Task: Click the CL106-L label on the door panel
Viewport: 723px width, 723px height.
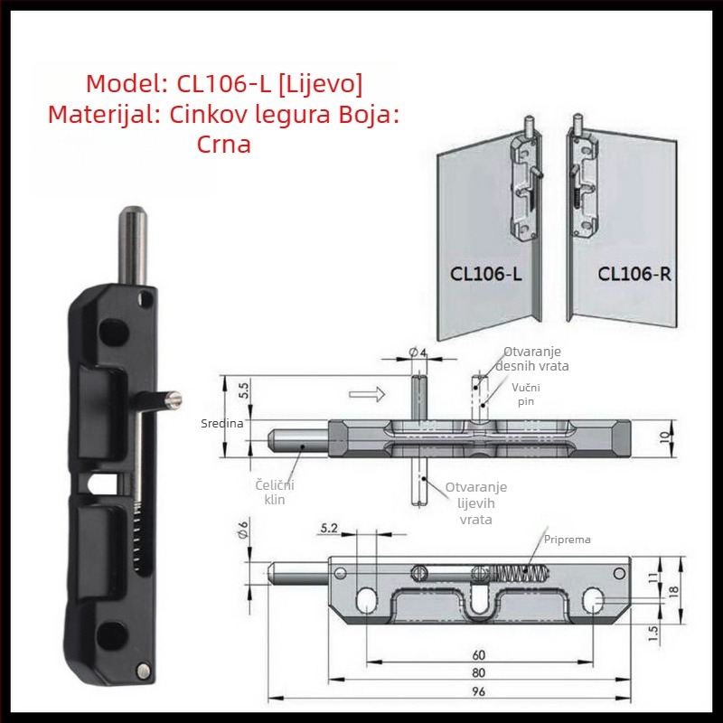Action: (485, 274)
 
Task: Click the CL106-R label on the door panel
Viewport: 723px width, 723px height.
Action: (634, 274)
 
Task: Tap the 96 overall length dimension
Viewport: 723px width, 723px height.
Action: (479, 691)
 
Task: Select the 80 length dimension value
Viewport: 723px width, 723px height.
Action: (479, 672)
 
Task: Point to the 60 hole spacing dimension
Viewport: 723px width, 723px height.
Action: (479, 654)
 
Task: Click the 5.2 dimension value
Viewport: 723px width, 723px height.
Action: (329, 528)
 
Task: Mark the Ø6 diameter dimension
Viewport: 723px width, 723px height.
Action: (243, 530)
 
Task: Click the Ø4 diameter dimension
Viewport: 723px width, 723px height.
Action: (418, 352)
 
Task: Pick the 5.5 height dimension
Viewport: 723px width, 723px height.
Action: (244, 390)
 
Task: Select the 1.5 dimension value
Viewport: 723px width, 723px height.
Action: (653, 634)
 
